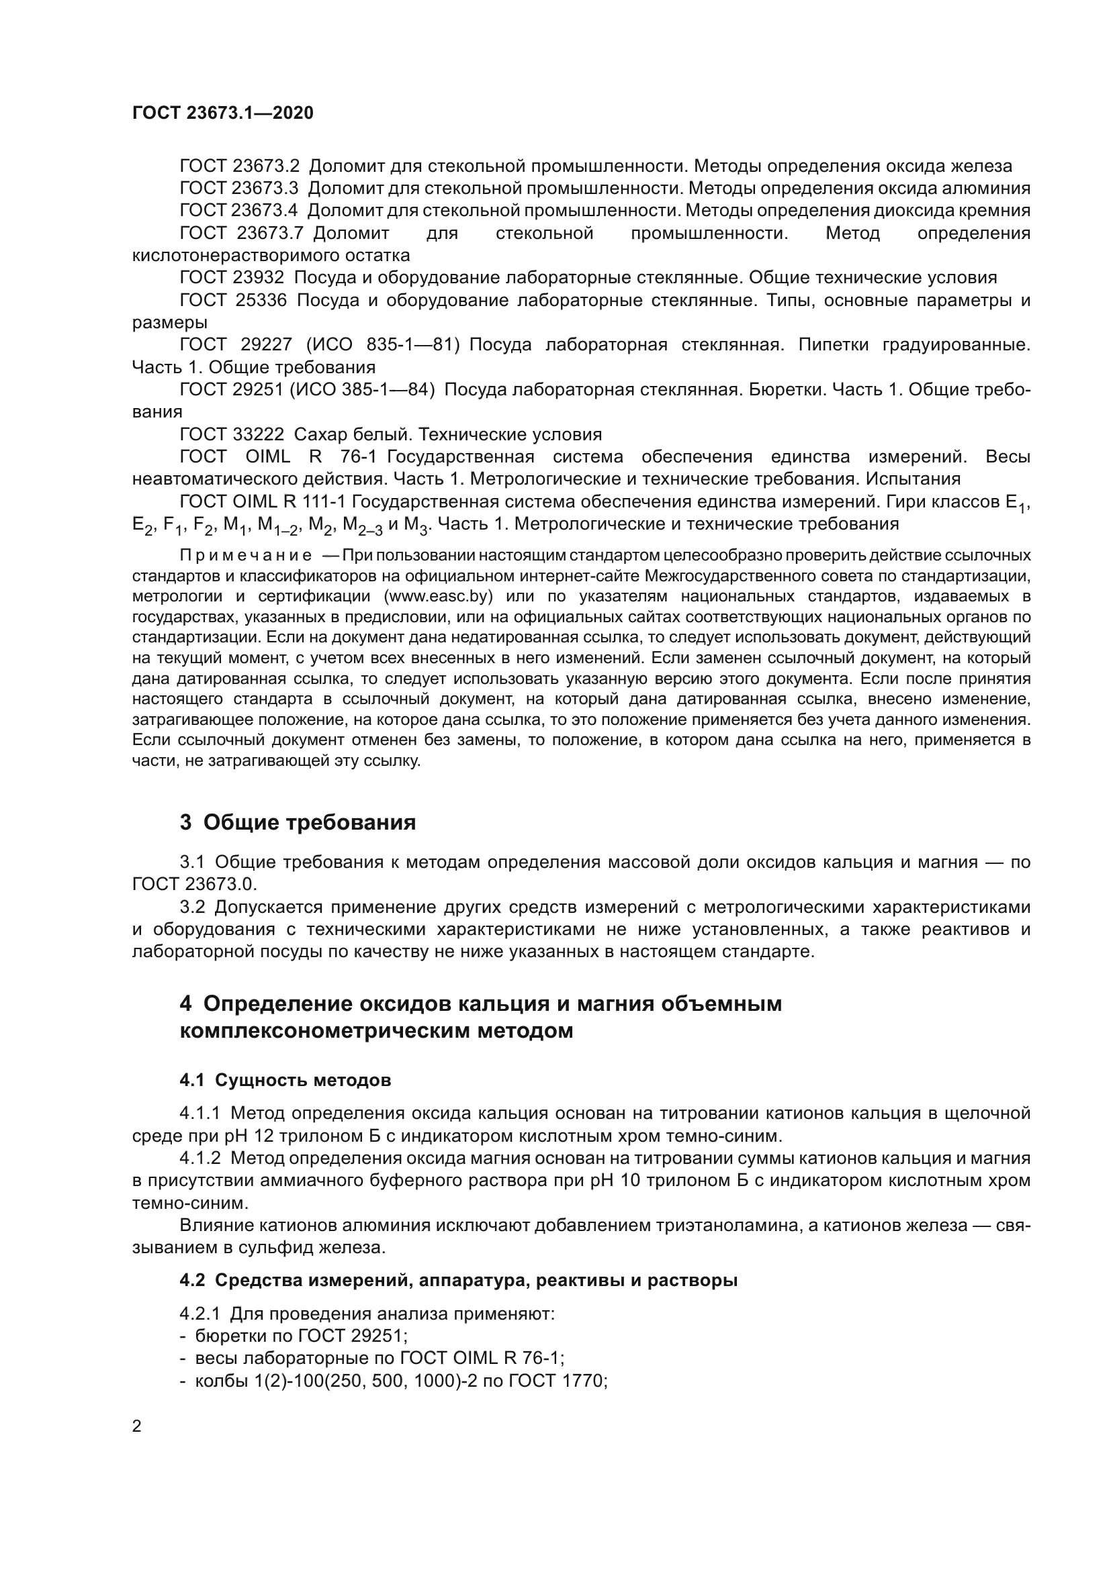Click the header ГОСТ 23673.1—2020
(x=222, y=113)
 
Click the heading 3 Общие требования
(x=298, y=823)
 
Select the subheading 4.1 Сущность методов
(x=285, y=1081)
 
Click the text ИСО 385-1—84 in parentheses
(x=363, y=390)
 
